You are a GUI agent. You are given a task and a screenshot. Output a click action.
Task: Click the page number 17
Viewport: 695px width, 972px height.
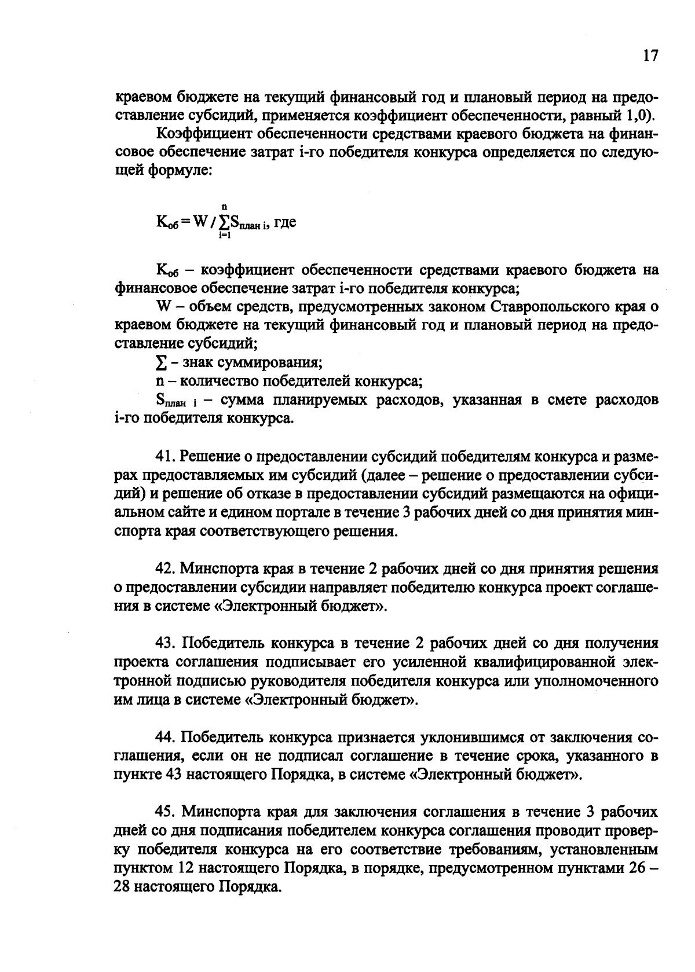tap(650, 56)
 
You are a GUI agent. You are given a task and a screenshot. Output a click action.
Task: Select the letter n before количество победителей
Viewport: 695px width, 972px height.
tap(159, 382)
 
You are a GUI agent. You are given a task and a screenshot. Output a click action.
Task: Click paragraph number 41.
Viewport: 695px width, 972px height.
tap(166, 457)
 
